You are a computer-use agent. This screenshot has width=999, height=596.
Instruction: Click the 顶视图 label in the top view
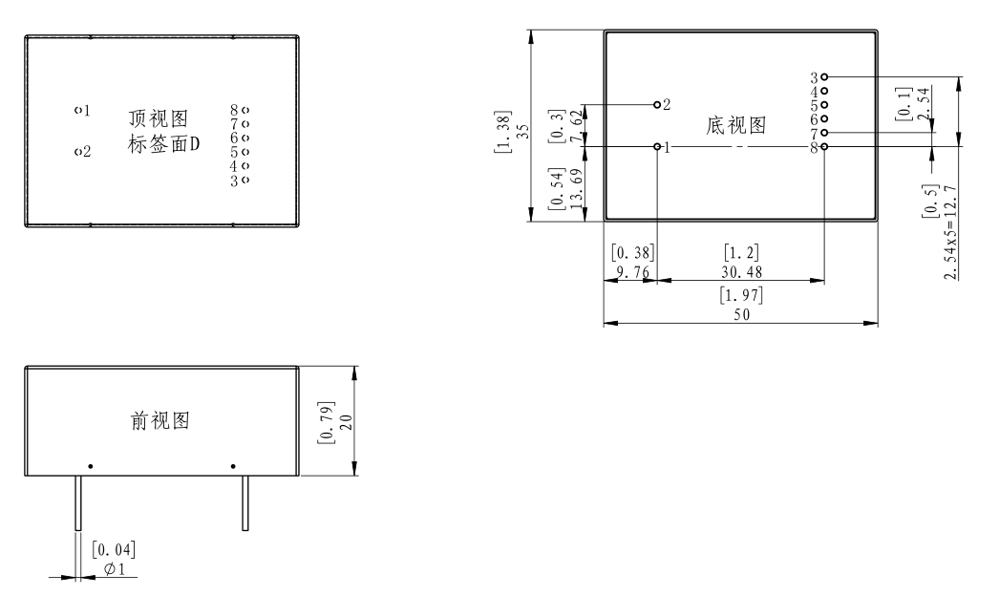(158, 118)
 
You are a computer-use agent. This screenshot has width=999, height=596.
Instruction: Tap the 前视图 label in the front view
(159, 421)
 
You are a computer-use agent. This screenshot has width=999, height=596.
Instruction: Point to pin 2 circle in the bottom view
(657, 103)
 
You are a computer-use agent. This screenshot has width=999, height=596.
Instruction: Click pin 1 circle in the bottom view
(657, 147)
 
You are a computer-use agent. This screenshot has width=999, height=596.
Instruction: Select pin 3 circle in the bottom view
(824, 76)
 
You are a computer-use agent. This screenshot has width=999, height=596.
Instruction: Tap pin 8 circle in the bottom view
(824, 147)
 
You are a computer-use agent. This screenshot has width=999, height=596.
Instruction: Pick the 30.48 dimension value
(741, 272)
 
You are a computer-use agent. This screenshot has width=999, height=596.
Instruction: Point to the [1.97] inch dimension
(741, 295)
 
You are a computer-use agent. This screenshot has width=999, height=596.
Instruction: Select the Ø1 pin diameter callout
(114, 569)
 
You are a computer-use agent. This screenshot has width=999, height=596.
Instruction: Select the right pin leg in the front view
(245, 503)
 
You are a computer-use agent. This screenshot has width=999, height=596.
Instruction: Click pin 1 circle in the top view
(76, 111)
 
